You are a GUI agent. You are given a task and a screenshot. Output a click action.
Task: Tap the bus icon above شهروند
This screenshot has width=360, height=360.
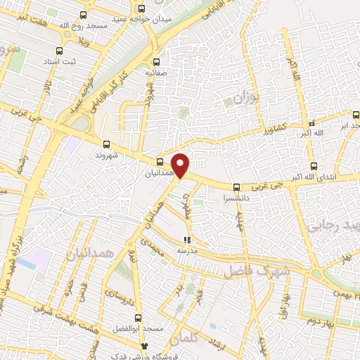pyautogui.click(x=106, y=141)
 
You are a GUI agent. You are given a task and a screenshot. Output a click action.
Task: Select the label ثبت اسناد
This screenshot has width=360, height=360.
pyautogui.click(x=60, y=62)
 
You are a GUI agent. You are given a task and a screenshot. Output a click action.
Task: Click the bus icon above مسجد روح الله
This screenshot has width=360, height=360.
pyautogui.click(x=84, y=15)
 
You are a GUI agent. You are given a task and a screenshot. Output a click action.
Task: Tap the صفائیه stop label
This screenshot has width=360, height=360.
pyautogui.click(x=156, y=72)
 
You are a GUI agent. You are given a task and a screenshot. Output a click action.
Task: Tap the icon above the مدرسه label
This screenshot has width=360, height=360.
pyautogui.click(x=186, y=240)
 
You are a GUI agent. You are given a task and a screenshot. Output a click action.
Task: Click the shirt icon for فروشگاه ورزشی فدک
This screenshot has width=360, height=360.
pyautogui.click(x=145, y=346)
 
